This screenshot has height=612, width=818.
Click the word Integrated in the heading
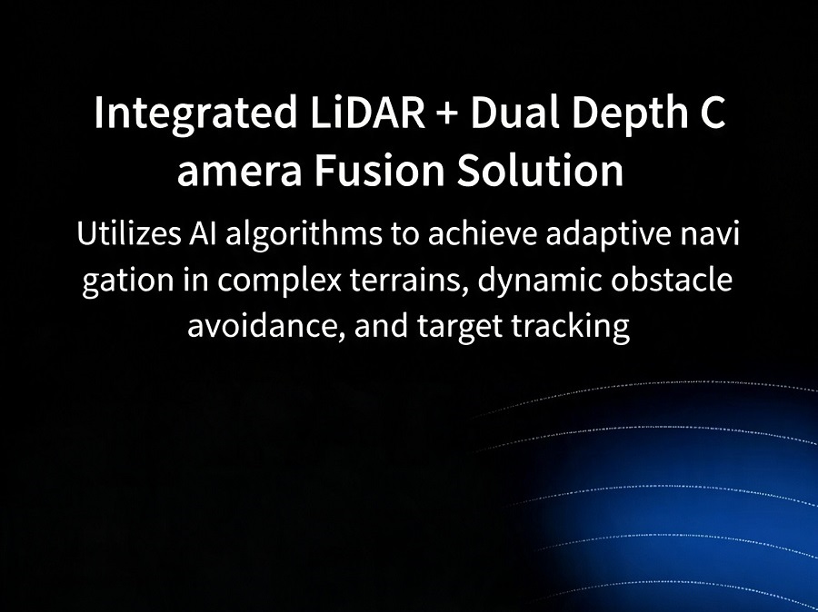point(195,114)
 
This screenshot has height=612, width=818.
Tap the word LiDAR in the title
point(367,112)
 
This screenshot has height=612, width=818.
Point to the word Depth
point(630,114)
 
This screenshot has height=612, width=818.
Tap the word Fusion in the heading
point(379,171)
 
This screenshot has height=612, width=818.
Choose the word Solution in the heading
point(540,170)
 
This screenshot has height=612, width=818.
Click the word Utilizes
point(128,233)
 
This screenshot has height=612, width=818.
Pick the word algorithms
point(303,236)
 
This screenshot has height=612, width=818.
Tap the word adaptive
point(609,235)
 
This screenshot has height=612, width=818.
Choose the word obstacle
point(672,279)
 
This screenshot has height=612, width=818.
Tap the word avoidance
point(266,326)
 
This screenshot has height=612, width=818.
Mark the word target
point(460,328)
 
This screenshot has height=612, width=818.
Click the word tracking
point(570,328)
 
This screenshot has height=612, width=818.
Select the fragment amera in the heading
point(239,173)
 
